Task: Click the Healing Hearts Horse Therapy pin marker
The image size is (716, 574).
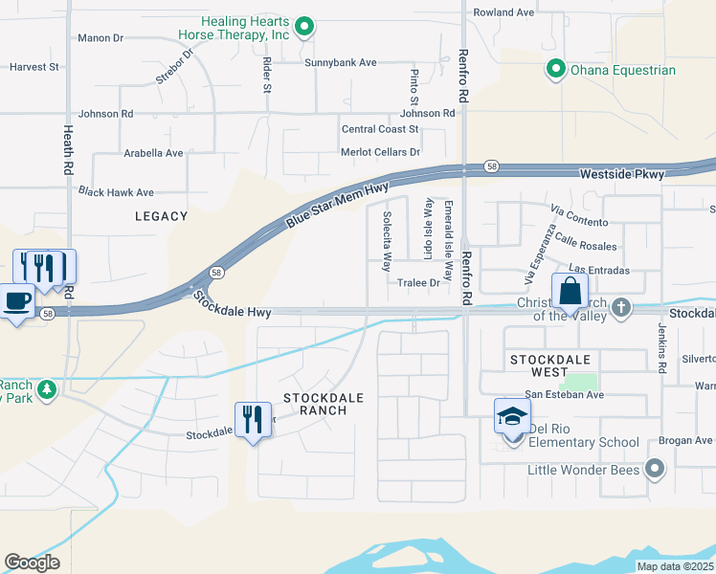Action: pyautogui.click(x=304, y=27)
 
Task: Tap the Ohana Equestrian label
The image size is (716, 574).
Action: pyautogui.click(x=622, y=70)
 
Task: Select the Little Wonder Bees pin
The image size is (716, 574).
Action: pyautogui.click(x=654, y=468)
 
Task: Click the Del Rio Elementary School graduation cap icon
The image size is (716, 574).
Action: pyautogui.click(x=512, y=416)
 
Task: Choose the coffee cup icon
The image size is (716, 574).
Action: pyautogui.click(x=17, y=301)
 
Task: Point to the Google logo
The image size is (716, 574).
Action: pyautogui.click(x=32, y=562)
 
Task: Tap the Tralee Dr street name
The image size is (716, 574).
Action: pyautogui.click(x=418, y=283)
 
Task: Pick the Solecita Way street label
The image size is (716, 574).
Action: pyautogui.click(x=388, y=241)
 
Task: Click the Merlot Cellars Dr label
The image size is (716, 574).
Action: pyautogui.click(x=380, y=152)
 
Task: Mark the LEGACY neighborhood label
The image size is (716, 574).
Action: pyautogui.click(x=161, y=217)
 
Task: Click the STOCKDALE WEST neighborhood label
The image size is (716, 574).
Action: pyautogui.click(x=548, y=366)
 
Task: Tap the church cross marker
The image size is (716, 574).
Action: pyautogui.click(x=621, y=307)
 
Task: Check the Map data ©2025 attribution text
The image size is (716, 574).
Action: pyautogui.click(x=674, y=566)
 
